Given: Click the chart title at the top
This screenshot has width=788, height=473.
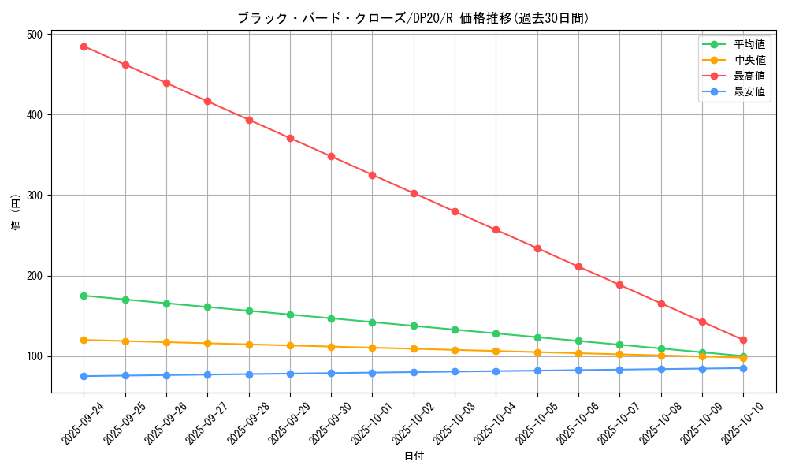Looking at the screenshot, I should [x=413, y=18].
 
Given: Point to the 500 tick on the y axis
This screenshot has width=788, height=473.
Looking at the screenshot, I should [x=34, y=35].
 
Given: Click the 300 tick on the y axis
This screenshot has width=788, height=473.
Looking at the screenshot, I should [x=34, y=196].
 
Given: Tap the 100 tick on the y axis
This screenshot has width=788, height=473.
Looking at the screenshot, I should [x=34, y=356].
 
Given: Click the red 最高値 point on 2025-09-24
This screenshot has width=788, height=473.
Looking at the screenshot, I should [x=84, y=47].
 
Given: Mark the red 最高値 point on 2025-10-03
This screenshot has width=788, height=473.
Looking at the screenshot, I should [x=455, y=211].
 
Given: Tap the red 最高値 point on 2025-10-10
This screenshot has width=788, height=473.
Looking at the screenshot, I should [x=743, y=340].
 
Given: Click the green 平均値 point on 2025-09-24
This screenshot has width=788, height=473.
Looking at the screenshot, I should [x=84, y=296].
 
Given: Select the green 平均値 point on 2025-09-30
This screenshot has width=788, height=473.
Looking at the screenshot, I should [x=331, y=318].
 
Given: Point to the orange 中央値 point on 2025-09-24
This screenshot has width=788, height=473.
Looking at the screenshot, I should [x=84, y=340].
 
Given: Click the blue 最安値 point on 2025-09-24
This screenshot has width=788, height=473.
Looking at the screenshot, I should [x=84, y=376].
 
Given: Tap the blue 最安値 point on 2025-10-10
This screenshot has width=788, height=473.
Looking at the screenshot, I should [x=743, y=368].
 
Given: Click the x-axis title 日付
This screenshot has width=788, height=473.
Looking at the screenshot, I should [x=414, y=456].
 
